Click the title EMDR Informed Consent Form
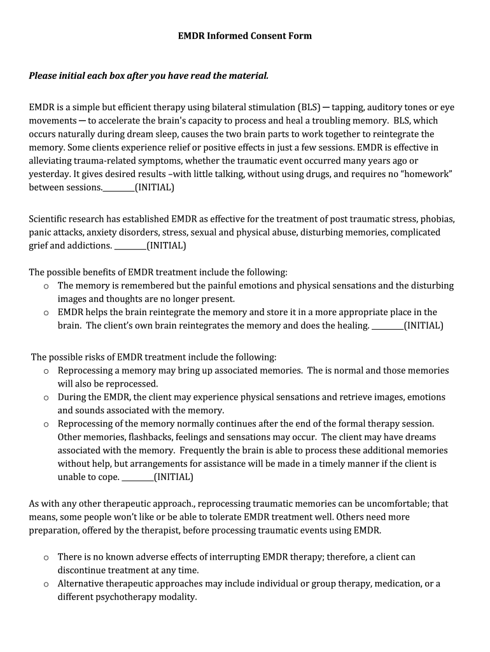pyautogui.click(x=244, y=36)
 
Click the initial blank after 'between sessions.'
pyautogui.click(x=118, y=188)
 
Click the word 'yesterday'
pyautogui.click(x=50, y=174)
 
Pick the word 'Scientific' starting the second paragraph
pyautogui.click(x=51, y=219)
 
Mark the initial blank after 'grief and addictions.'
pyautogui.click(x=130, y=246)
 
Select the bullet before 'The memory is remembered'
pyautogui.click(x=46, y=286)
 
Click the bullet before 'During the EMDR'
pyautogui.click(x=46, y=397)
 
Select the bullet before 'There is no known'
pyautogui.click(x=46, y=557)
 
